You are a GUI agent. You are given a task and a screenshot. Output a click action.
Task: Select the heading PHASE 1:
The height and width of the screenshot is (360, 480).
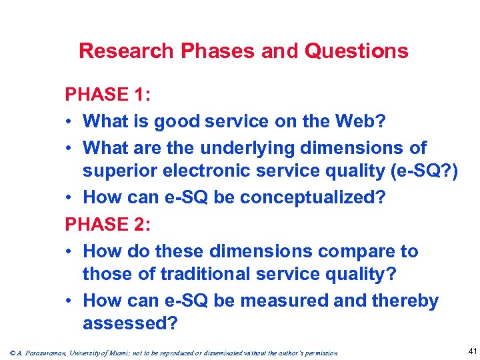click(107, 95)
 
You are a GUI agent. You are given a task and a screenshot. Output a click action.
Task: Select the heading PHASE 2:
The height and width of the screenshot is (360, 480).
click(107, 225)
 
